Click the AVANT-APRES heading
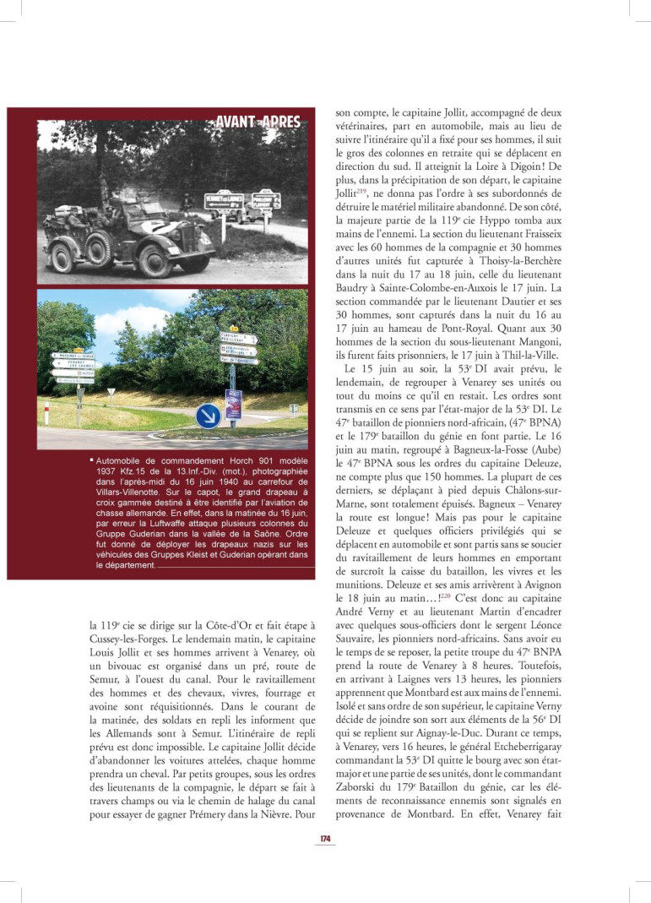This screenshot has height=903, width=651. (258, 122)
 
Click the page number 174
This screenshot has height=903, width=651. (324, 839)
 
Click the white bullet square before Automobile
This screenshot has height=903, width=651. (91, 460)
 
